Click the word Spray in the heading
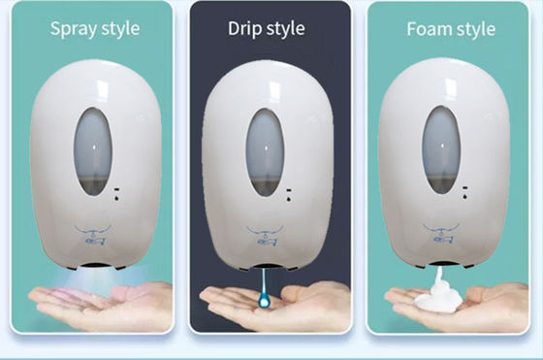click(x=73, y=29)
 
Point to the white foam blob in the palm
click(x=438, y=295)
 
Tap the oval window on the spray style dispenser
click(x=93, y=151)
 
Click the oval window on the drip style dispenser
click(x=266, y=152)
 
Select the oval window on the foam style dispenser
click(x=441, y=149)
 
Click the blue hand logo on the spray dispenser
click(x=93, y=235)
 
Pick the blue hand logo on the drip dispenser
click(x=266, y=236)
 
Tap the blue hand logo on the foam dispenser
click(x=441, y=233)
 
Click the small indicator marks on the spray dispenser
click(x=116, y=194)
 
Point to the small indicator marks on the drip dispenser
click(x=289, y=195)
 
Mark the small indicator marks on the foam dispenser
click(x=465, y=193)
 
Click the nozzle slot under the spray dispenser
click(x=96, y=266)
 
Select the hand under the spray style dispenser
click(x=101, y=305)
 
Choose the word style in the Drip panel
click(x=286, y=29)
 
